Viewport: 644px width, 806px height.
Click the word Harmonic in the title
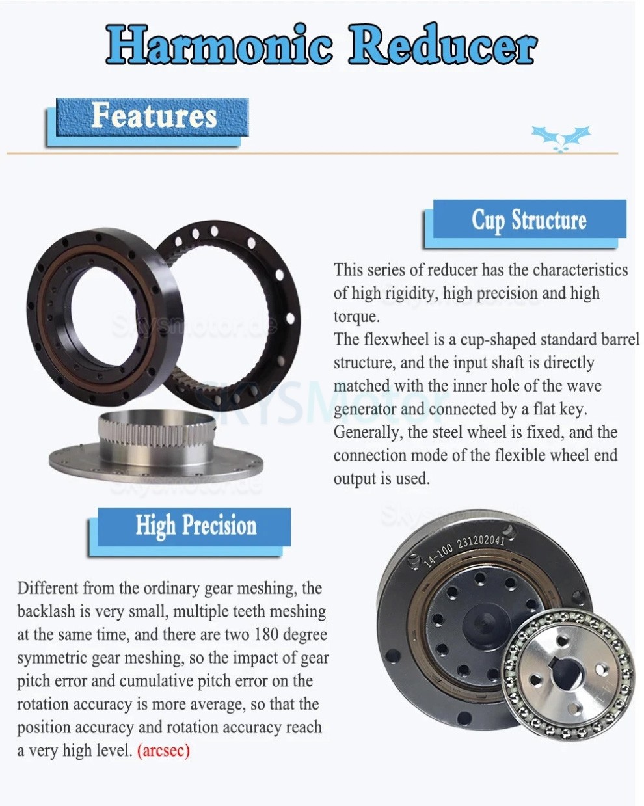click(219, 44)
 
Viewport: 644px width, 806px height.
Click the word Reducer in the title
click(442, 44)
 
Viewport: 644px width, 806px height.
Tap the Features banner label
click(154, 115)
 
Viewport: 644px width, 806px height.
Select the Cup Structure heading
click(529, 220)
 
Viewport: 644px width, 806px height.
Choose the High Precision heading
click(196, 526)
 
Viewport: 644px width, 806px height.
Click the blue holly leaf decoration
click(561, 138)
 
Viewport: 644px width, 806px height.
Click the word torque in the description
click(356, 317)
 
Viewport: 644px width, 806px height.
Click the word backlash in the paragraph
click(46, 611)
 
